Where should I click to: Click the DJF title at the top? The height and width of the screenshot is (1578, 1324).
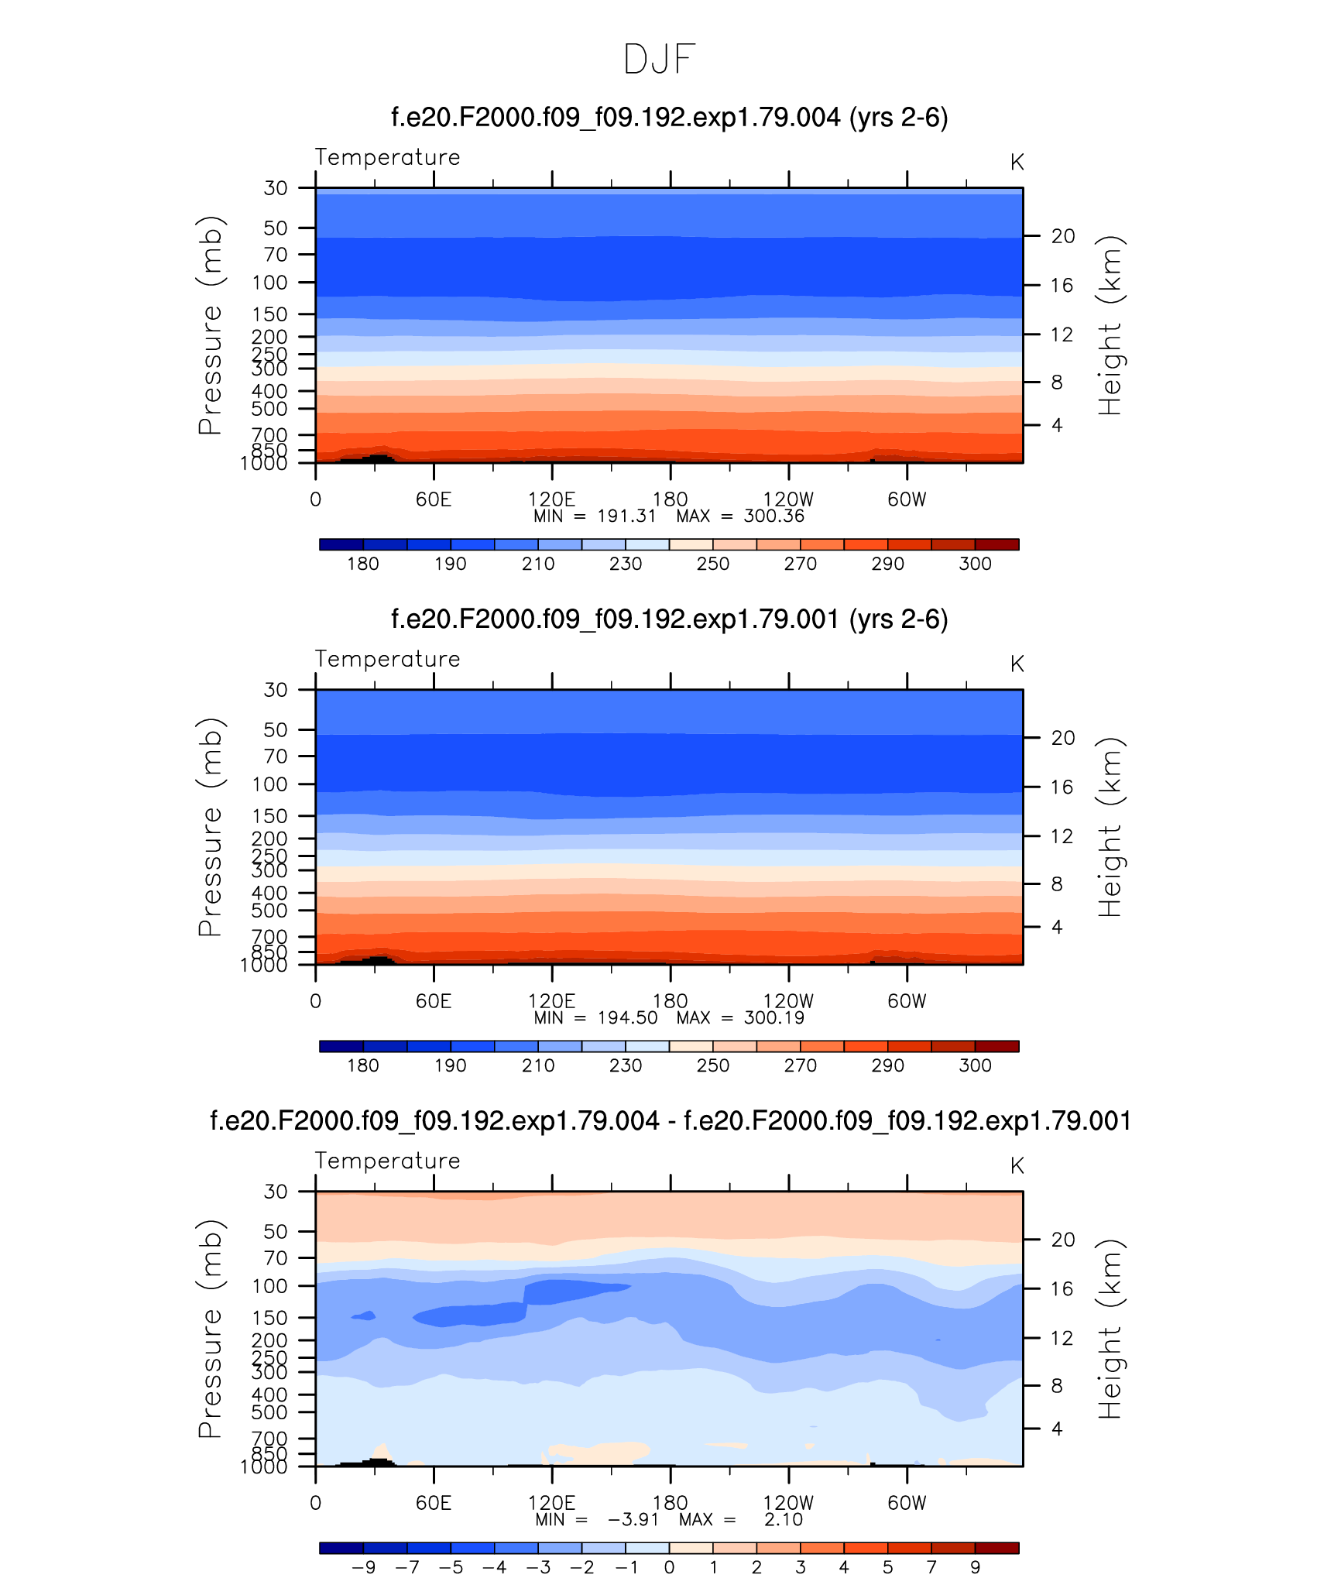(x=660, y=60)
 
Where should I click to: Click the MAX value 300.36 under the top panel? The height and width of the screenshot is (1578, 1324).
(x=773, y=516)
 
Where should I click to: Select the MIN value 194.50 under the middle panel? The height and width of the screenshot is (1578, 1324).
(x=627, y=1018)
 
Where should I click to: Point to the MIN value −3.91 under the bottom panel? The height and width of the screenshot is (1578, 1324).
(x=633, y=1520)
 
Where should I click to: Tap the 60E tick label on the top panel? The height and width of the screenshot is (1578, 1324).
(x=433, y=499)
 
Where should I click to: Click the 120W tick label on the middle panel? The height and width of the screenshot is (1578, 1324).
(x=788, y=1001)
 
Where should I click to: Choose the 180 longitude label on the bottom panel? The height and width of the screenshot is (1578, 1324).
(x=670, y=1503)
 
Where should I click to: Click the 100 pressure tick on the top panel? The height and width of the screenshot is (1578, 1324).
(x=269, y=283)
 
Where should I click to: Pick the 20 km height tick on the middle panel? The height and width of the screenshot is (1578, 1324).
(x=1063, y=738)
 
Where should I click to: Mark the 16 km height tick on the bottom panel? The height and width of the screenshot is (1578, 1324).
(x=1063, y=1288)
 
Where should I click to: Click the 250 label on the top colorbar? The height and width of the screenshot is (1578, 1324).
(x=712, y=564)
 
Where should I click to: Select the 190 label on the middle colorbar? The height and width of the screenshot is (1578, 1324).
(x=450, y=1065)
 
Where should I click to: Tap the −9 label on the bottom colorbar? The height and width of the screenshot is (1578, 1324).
(x=363, y=1567)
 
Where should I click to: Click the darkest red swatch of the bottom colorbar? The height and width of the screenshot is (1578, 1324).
(x=996, y=1548)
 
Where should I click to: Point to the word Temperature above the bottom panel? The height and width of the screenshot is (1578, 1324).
(x=387, y=1161)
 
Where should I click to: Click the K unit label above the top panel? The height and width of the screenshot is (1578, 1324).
(x=1017, y=163)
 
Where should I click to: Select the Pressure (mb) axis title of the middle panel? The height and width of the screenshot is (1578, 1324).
(x=210, y=827)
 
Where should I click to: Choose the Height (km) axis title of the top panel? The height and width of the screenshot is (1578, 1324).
(x=1110, y=325)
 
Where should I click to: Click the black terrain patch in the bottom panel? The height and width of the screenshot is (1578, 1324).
(x=378, y=1462)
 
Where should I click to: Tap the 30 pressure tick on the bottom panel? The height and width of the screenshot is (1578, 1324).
(x=276, y=1192)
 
